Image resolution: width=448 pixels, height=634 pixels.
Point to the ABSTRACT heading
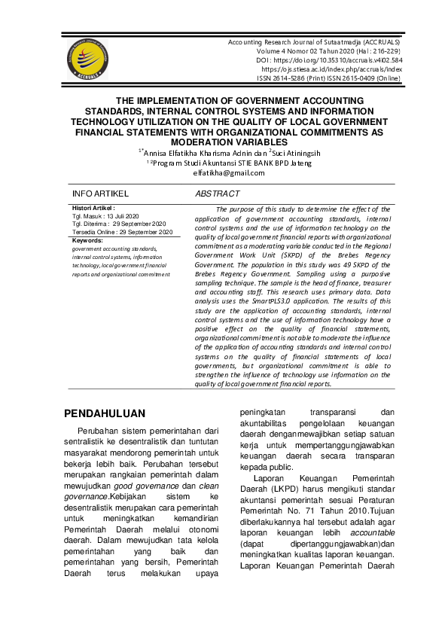click(x=217, y=194)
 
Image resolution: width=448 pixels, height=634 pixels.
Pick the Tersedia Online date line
click(x=122, y=232)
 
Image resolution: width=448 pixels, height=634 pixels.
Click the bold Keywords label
click(x=87, y=239)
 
